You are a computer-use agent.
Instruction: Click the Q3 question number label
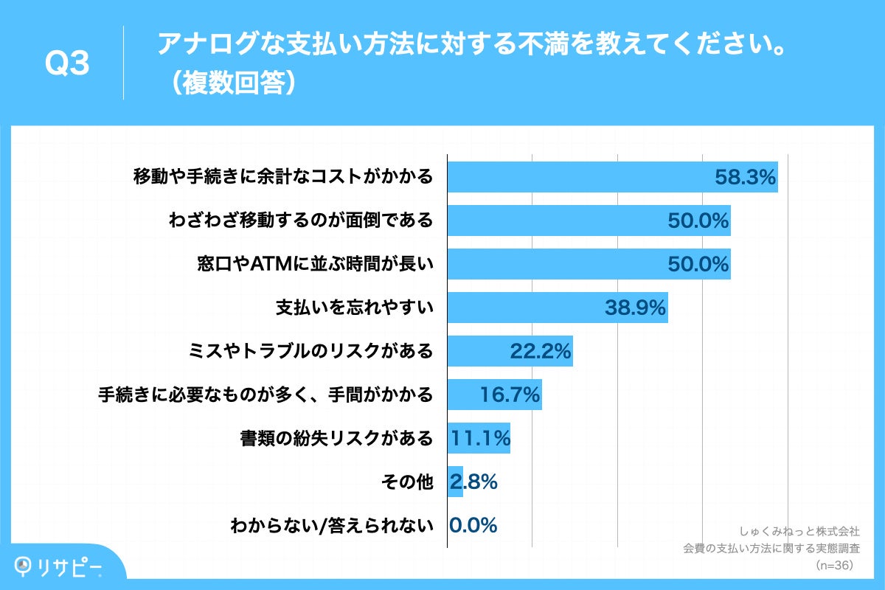pyautogui.click(x=67, y=63)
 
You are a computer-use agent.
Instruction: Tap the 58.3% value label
pyautogui.click(x=744, y=177)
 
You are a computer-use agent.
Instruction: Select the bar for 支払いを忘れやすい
pyautogui.click(x=557, y=308)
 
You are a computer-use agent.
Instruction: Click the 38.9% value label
pyautogui.click(x=636, y=308)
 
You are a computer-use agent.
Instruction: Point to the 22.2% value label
pyautogui.click(x=541, y=351)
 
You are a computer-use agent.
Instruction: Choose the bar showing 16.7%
pyautogui.click(x=494, y=395)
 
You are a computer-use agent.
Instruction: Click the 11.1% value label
pyautogui.click(x=480, y=438)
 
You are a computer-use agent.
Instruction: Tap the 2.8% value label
pyautogui.click(x=473, y=482)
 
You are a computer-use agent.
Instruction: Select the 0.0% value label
pyautogui.click(x=473, y=525)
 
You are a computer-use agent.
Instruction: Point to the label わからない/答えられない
pyautogui.click(x=331, y=526)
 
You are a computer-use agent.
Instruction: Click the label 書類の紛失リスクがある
pyautogui.click(x=336, y=439)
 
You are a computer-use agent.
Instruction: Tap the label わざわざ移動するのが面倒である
pyautogui.click(x=300, y=221)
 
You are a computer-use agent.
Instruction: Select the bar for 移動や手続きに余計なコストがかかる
pyautogui.click(x=612, y=177)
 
